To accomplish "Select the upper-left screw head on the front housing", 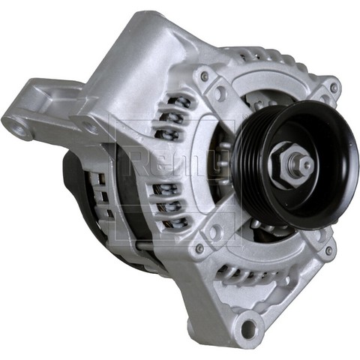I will click(204, 76).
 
